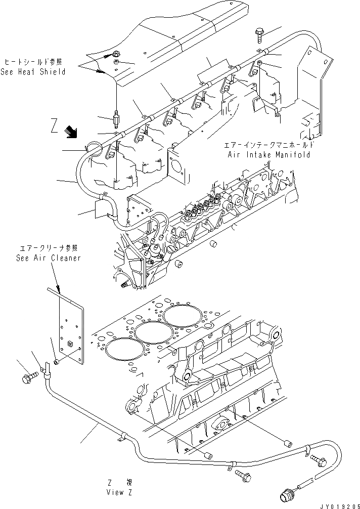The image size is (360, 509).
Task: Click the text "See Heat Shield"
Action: (x=33, y=72)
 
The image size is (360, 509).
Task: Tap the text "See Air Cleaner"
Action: (x=48, y=258)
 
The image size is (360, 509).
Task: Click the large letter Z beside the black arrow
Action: (x=55, y=124)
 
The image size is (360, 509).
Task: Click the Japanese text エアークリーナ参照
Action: (x=48, y=248)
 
